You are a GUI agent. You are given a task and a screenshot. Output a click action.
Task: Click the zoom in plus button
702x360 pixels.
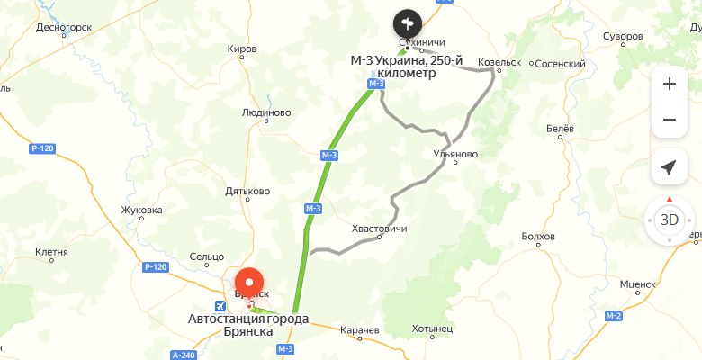[669, 85]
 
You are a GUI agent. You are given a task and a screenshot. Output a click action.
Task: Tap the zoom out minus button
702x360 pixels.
[669, 120]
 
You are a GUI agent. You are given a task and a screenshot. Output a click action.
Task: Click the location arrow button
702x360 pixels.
[669, 167]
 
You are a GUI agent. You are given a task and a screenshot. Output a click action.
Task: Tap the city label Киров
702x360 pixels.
[243, 48]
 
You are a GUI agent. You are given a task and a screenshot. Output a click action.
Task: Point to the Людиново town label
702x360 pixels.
[266, 113]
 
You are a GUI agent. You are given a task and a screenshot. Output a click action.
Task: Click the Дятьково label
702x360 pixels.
[247, 191]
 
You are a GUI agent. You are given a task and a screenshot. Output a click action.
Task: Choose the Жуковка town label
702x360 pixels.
[142, 211]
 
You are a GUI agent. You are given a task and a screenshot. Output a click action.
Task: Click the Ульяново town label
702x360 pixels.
[455, 154]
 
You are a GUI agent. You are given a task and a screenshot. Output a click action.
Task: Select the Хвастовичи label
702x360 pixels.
[379, 229]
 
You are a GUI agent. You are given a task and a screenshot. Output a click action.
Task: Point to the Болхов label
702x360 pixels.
[538, 237]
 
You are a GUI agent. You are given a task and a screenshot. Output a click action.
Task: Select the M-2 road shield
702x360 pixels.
[614, 316]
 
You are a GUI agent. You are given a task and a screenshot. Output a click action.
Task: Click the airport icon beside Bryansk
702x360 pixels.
[230, 303]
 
